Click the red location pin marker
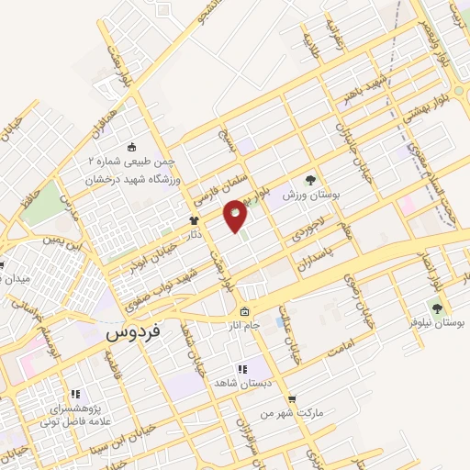[236, 216]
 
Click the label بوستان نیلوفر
[437, 324]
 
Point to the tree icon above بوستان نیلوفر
[437, 308]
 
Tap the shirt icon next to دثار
[194, 220]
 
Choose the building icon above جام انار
[244, 310]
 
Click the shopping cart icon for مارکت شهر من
[292, 398]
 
